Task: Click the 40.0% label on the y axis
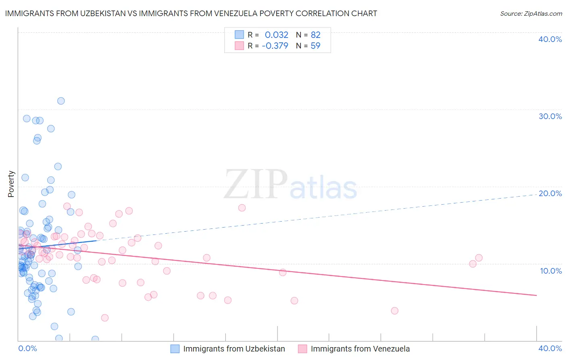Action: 550,39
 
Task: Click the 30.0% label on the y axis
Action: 550,116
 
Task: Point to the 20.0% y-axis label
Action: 550,193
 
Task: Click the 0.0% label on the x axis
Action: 27,348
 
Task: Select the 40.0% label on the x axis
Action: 550,348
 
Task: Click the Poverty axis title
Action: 11,184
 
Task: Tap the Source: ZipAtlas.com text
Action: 531,13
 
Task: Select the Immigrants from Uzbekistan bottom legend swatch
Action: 175,349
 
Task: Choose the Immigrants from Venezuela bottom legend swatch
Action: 302,349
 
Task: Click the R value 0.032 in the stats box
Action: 276,35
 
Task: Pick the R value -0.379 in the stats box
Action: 275,46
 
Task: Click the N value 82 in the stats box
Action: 315,35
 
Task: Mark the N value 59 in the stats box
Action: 315,46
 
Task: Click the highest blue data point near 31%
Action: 61,101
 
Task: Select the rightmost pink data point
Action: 479,258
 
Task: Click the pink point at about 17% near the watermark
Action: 242,208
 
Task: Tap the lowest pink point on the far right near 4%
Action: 394,311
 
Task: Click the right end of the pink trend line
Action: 536,295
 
